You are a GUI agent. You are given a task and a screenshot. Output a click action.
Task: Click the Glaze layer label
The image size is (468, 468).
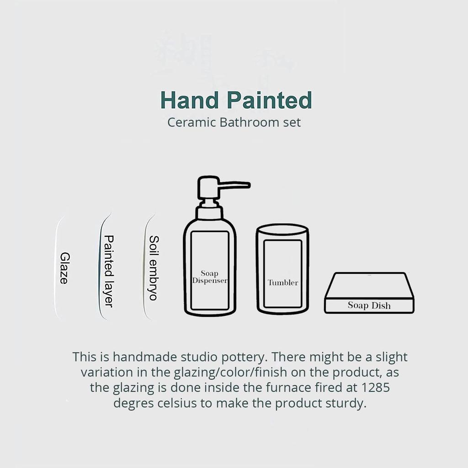pyautogui.click(x=64, y=268)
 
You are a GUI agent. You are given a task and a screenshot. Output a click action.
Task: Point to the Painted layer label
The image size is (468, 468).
pyautogui.click(x=108, y=271)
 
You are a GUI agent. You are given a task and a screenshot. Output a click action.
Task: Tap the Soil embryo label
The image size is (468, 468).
pyautogui.click(x=154, y=268)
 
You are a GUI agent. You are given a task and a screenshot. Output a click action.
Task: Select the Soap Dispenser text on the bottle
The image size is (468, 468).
pyautogui.click(x=210, y=277)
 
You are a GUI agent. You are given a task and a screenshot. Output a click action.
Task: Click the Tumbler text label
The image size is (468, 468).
pyautogui.click(x=283, y=282)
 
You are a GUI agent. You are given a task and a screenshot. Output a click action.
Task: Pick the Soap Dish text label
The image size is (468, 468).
pyautogui.click(x=369, y=305)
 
